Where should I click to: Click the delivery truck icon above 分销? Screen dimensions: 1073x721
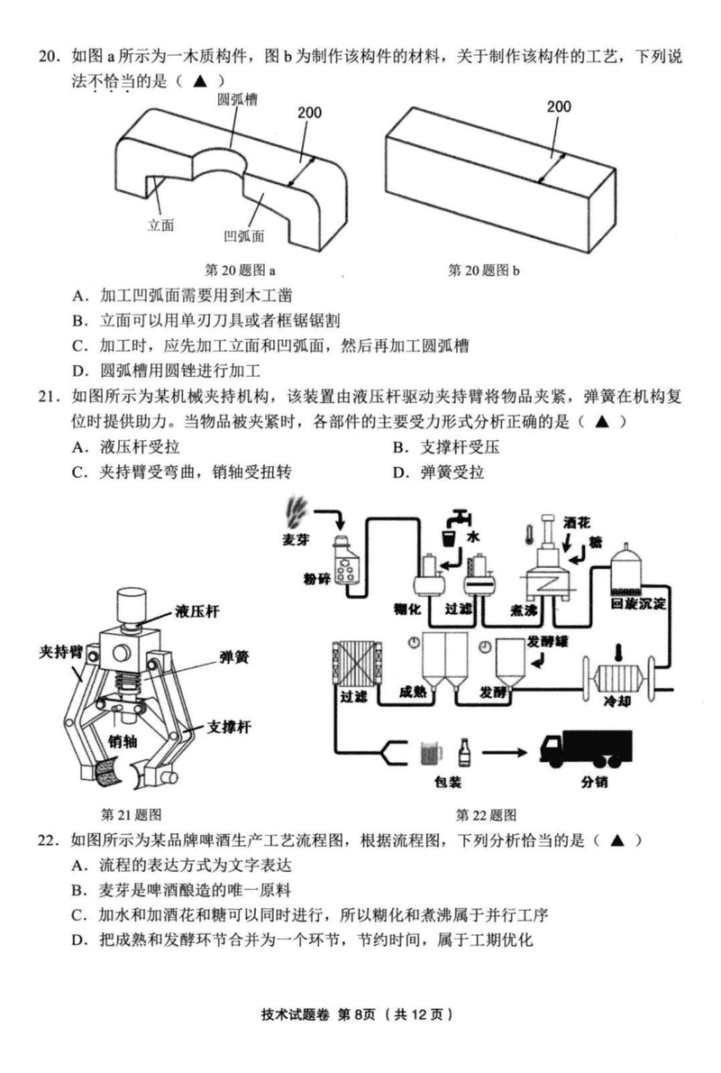pyautogui.click(x=585, y=747)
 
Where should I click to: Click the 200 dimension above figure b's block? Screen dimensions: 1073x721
pyautogui.click(x=559, y=106)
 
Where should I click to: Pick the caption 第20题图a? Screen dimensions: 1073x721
pyautogui.click(x=241, y=270)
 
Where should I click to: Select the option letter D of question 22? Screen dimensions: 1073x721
pyautogui.click(x=80, y=940)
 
